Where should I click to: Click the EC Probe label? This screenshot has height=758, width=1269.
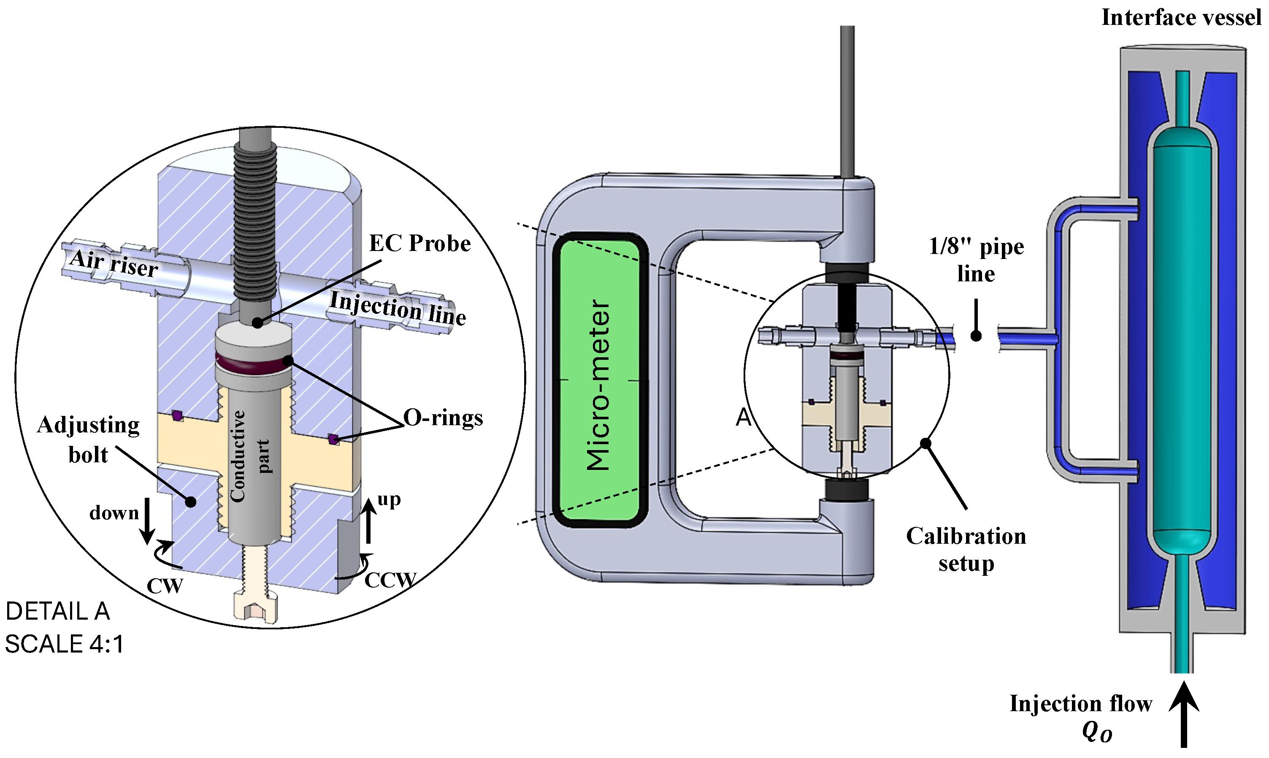click(419, 244)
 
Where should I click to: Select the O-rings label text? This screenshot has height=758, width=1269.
click(442, 418)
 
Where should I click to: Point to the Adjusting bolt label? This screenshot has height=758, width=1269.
click(88, 439)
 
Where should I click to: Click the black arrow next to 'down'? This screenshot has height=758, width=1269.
click(147, 521)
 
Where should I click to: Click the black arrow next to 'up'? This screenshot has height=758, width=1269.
click(368, 521)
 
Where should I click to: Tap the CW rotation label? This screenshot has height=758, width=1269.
click(164, 586)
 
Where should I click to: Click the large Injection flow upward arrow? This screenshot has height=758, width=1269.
click(1184, 715)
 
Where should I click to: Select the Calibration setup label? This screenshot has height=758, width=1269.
click(966, 550)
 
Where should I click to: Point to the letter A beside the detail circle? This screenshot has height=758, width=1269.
click(743, 418)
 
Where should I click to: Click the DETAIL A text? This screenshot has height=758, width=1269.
click(58, 611)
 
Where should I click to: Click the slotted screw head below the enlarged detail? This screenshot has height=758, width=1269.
click(255, 608)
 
